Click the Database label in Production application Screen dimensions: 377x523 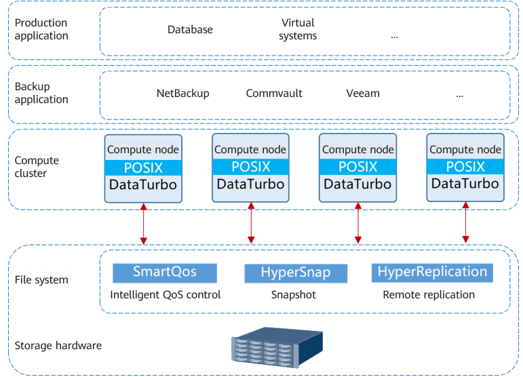(x=190, y=30)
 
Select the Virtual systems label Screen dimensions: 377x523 (x=298, y=30)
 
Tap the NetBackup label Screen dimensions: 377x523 (x=182, y=94)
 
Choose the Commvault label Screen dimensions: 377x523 (x=274, y=94)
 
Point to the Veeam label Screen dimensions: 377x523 (x=363, y=94)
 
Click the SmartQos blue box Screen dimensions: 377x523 (x=165, y=273)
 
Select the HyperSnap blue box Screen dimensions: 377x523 (x=296, y=273)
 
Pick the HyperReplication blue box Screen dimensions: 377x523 (x=432, y=273)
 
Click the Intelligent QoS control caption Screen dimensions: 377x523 (x=166, y=295)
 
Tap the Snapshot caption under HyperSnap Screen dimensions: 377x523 (x=294, y=295)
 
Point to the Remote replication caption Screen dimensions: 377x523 (x=429, y=295)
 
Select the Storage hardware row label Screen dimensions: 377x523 (x=58, y=346)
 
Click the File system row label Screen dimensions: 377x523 (x=41, y=280)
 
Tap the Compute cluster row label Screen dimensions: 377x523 (x=37, y=167)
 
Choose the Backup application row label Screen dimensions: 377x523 (x=41, y=94)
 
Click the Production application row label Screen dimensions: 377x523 (x=41, y=29)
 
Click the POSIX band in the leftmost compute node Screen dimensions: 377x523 (x=143, y=167)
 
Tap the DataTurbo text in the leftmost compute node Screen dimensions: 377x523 (x=143, y=184)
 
